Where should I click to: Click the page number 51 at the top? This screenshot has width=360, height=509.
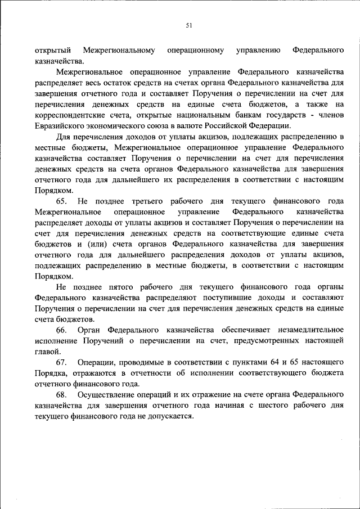point(189,24)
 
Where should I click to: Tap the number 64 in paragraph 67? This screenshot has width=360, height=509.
point(271,362)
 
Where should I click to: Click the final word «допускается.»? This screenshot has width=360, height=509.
point(169,416)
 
